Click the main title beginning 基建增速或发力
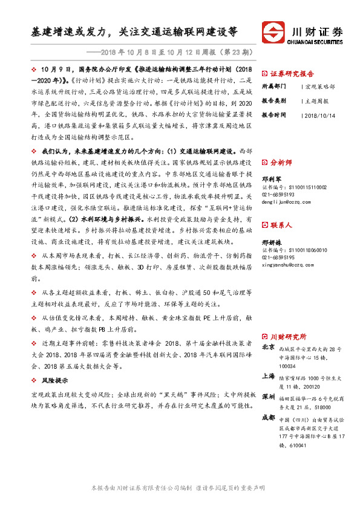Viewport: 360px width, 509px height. (x=134, y=31)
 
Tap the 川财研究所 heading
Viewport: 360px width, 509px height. (x=288, y=336)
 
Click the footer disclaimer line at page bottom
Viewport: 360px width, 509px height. (x=177, y=487)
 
